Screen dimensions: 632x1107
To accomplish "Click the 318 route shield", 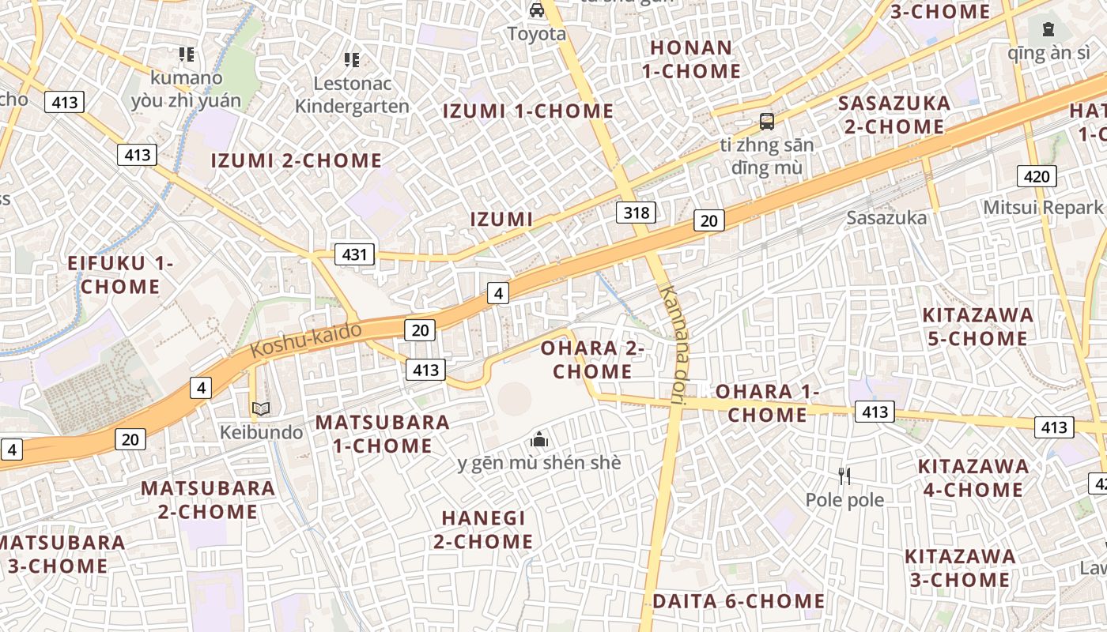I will coord(636,212).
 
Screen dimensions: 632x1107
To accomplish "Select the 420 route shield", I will coord(1037,176).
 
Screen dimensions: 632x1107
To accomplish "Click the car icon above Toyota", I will coord(537,10).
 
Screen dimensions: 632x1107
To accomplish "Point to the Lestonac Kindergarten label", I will coord(351,95).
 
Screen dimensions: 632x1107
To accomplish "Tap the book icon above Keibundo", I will coord(261,409).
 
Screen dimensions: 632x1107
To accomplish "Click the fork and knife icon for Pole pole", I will coord(844,476).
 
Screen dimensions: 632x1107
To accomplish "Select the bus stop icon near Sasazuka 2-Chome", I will coord(766,122).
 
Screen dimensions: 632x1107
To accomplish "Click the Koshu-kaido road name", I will coord(306,340).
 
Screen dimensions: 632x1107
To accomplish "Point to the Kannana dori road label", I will coord(674,345).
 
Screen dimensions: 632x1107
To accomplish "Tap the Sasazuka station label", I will coord(886,217).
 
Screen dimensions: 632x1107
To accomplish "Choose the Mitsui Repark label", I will coord(1042,207).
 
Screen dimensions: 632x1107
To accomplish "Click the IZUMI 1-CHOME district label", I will coord(527,111).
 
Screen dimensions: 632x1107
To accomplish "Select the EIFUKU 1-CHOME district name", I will coord(120,275).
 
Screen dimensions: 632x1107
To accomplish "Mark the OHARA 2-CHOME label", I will coord(592,359).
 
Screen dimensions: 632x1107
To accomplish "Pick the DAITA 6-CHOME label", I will coord(738,601).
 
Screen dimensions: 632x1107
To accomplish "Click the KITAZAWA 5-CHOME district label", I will coord(977,326).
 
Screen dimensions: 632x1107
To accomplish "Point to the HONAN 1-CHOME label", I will coord(691,59).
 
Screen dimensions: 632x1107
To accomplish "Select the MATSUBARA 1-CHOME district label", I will coord(383,434).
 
